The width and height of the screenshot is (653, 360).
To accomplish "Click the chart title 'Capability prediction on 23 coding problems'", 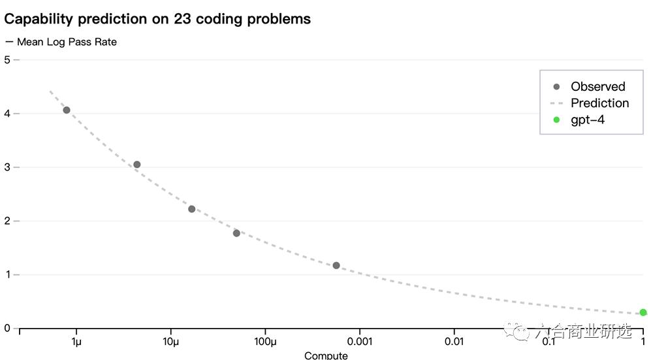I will click(x=157, y=19).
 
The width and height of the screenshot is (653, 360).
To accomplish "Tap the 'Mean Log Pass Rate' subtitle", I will click(x=67, y=42).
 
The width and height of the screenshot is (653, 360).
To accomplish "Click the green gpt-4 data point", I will click(x=643, y=312).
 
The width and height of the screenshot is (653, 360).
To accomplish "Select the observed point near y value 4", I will click(x=67, y=110).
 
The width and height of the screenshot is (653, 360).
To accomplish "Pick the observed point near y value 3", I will click(x=136, y=165).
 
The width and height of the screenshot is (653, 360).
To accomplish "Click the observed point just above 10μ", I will click(x=191, y=209).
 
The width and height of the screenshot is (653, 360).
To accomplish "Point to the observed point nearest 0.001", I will click(x=336, y=265).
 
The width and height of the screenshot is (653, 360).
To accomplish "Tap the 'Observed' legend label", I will click(x=597, y=86).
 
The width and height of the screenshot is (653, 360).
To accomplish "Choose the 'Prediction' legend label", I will click(x=599, y=103).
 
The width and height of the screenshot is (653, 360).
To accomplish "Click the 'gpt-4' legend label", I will click(x=588, y=120).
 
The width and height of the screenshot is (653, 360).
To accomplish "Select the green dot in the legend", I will click(x=556, y=120).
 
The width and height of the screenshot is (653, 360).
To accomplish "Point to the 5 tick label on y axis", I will click(x=7, y=59).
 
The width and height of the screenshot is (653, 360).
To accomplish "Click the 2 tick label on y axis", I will click(x=7, y=221).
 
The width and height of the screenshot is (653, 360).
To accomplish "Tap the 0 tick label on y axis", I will click(x=7, y=328).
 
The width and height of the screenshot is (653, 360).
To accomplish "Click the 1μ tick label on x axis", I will click(x=76, y=342).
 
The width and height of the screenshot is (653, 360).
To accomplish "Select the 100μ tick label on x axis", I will click(x=265, y=342).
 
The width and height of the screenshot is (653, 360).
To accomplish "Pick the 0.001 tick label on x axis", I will click(x=359, y=342).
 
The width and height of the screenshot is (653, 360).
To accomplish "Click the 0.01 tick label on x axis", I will click(x=454, y=342).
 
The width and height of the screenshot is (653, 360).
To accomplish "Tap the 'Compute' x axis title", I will click(x=326, y=355).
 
